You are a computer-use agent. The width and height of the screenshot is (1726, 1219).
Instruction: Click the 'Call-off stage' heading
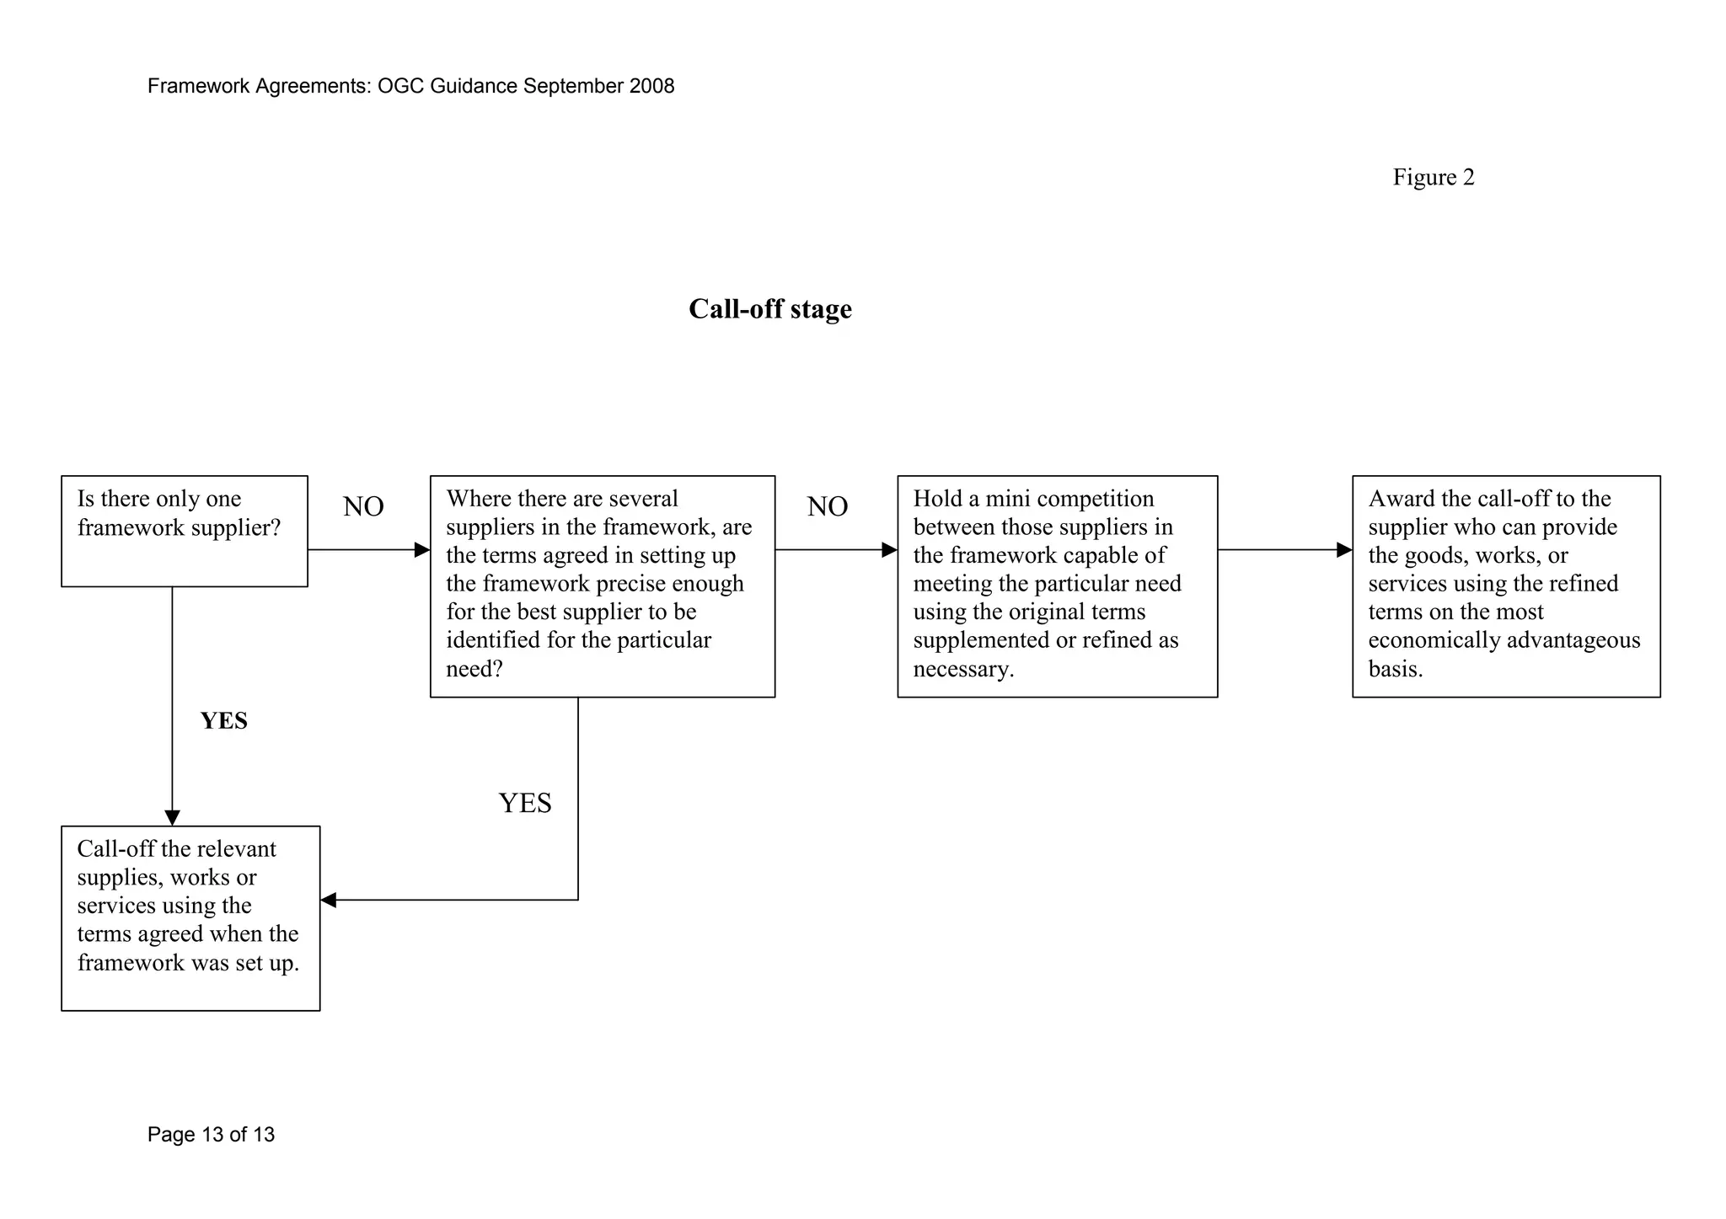(769, 309)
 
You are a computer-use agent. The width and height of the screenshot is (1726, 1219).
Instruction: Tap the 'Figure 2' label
(1433, 177)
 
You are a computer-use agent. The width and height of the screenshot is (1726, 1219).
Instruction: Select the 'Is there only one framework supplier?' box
(184, 531)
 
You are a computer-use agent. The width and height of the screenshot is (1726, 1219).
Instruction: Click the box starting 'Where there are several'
(602, 585)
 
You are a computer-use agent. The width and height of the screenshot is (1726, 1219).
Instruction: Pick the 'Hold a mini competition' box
(1057, 585)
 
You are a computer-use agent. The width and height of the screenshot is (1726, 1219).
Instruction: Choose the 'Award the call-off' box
(1505, 585)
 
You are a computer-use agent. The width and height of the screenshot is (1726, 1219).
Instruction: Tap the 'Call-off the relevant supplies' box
(190, 917)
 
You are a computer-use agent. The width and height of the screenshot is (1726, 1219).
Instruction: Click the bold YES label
(223, 721)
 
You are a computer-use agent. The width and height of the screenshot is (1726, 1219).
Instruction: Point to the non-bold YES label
(525, 803)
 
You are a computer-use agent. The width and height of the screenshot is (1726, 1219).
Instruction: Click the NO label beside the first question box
(363, 506)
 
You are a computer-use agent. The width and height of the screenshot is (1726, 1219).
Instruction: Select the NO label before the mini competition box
(827, 506)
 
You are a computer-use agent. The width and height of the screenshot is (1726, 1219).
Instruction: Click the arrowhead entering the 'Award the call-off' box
(1344, 550)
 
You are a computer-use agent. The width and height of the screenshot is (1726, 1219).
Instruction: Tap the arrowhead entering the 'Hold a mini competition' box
(889, 550)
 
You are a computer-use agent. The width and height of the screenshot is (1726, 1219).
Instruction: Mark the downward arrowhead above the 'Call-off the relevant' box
(172, 817)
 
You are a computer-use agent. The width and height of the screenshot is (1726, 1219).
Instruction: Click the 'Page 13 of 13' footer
(211, 1135)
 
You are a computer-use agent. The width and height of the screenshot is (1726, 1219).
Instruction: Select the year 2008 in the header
(651, 86)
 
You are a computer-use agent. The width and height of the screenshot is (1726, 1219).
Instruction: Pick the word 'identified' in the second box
(493, 640)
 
